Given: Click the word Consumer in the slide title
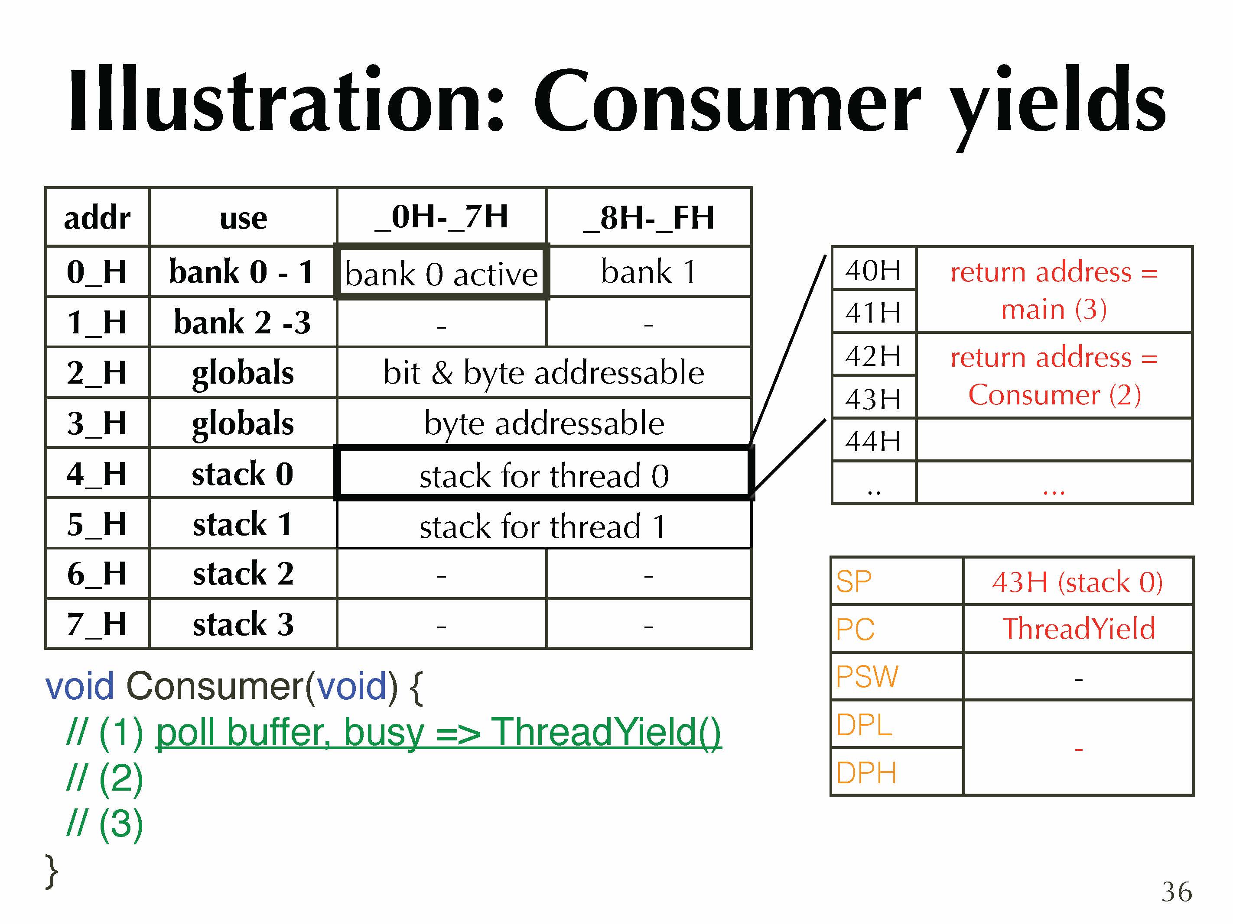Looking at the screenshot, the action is coord(727,100).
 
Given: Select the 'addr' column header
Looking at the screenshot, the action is coord(97,217).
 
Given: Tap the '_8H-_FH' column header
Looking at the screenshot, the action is coord(649,217).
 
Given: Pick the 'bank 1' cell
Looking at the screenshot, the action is coord(649,272).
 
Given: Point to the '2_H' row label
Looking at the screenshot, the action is coord(97,372).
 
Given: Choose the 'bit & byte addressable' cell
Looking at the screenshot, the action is coord(544,372).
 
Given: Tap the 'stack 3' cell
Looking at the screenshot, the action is coord(243,624).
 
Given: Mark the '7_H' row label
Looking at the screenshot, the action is coord(97,624).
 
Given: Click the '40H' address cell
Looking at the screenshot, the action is coord(873,270).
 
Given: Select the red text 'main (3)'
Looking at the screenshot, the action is coord(1054,309).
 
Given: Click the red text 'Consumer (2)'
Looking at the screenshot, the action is coord(1054,395).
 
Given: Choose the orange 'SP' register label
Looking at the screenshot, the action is coord(853,582).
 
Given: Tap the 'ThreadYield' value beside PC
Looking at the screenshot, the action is coord(1079,629).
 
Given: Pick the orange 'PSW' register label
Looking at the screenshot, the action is coord(867,677).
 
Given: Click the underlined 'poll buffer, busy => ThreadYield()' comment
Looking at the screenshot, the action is coord(438,732).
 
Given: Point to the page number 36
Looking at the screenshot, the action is coord(1177,892).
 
